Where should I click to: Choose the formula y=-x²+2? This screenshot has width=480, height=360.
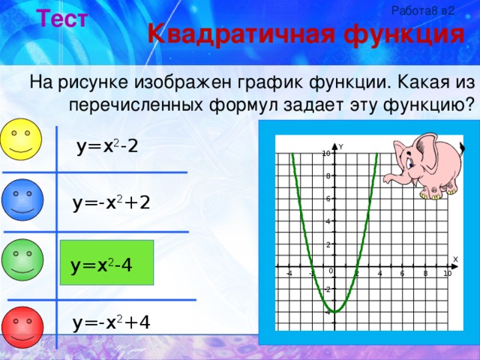coord(111,202)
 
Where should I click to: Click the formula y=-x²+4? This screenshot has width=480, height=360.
coord(111,322)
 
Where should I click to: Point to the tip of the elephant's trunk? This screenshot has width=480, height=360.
coord(387,179)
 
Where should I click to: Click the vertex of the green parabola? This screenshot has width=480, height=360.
coord(335,311)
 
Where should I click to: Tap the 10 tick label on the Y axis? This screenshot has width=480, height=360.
coord(326,154)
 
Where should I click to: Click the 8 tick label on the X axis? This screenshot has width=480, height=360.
coord(425,274)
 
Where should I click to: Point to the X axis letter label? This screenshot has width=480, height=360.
coord(455,259)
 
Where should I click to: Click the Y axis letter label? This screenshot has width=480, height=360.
coord(341,147)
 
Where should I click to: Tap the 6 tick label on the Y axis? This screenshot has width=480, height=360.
coord(328,199)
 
